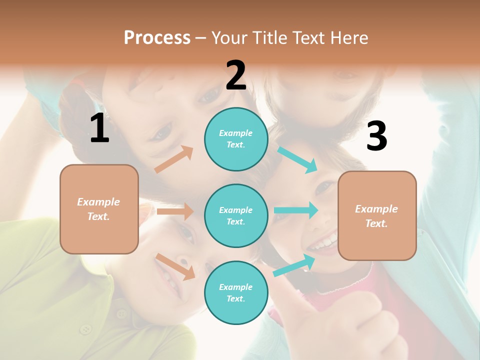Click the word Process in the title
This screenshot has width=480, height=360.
157,38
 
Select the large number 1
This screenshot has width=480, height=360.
99,128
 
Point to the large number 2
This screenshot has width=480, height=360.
236,75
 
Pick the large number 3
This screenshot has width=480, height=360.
377,136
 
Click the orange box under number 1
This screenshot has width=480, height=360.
99,209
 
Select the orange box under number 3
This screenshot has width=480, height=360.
377,215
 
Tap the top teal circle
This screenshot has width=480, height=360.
236,139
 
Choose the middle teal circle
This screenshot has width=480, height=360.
236,215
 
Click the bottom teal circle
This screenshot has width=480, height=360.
236,292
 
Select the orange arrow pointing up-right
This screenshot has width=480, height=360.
174,159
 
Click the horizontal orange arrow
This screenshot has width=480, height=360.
175,211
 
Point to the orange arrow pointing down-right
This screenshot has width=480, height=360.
175,266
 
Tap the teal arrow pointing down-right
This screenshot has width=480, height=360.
297,159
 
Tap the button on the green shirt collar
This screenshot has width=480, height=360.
86,329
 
